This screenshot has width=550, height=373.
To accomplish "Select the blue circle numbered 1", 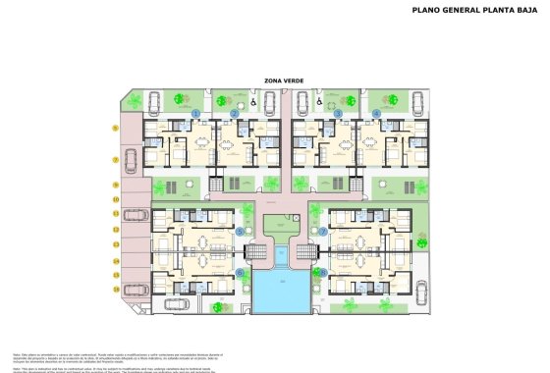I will click(195, 114).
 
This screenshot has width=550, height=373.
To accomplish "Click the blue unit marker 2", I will click(235, 114).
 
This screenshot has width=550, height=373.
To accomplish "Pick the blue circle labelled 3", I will click(338, 114).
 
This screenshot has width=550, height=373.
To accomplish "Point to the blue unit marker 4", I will click(377, 114).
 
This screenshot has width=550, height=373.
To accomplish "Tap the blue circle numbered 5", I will click(241, 232).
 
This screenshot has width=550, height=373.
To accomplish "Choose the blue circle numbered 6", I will click(241, 273).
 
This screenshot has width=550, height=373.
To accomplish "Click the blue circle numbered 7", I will click(322, 232).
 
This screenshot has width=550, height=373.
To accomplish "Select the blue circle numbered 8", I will click(322, 273).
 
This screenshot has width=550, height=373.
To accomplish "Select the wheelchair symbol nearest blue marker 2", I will click(253, 99).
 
